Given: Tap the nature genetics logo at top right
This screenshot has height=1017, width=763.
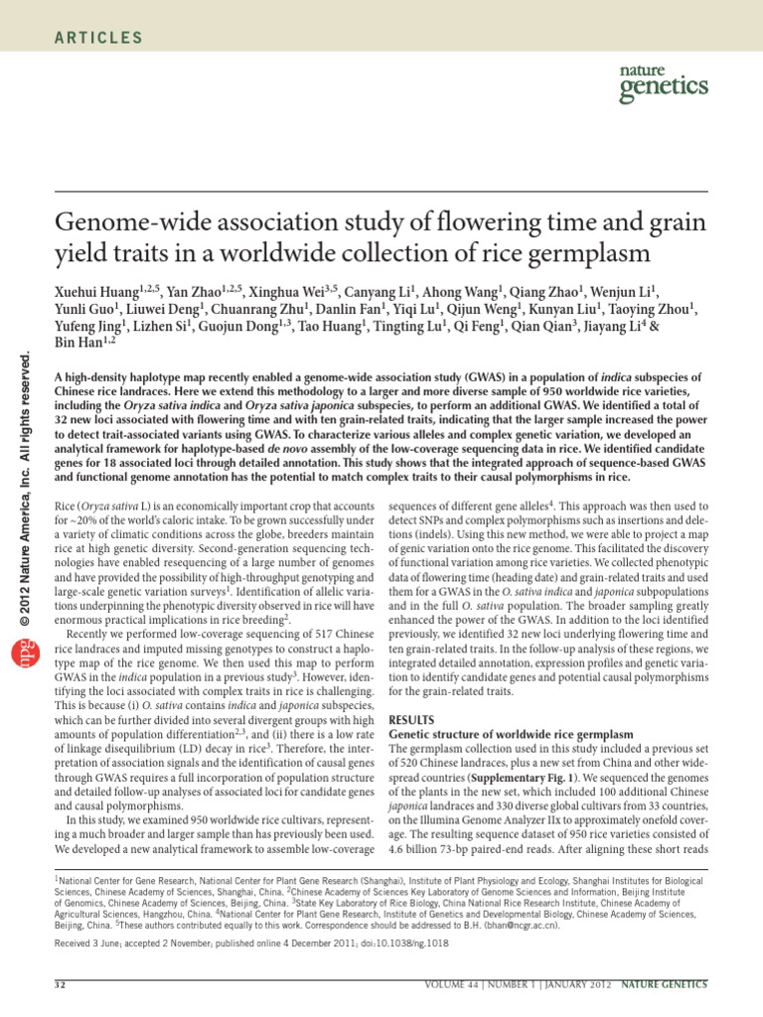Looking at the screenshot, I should (663, 84).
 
